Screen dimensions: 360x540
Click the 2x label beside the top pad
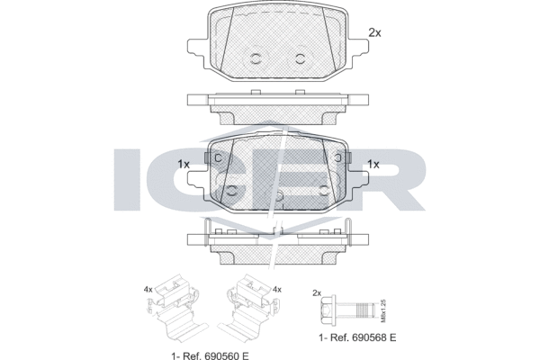375,32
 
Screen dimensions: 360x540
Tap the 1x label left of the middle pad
184,165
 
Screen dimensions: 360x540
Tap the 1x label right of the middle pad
373,165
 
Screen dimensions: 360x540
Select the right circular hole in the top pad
299,59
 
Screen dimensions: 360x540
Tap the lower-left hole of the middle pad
232,190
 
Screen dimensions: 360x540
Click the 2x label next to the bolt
316,293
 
